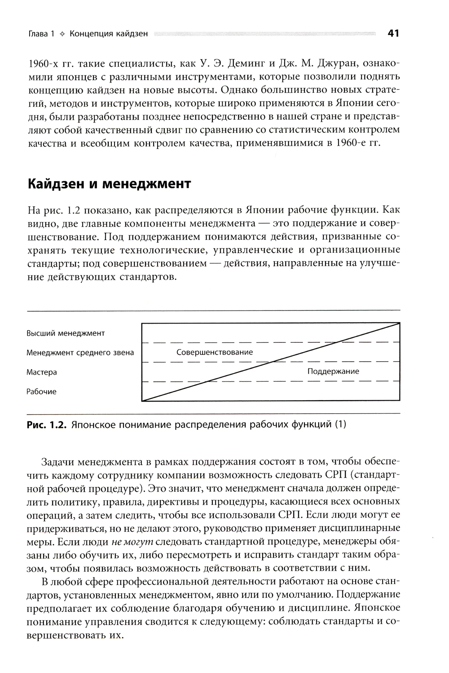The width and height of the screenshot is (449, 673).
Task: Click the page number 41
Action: click(x=393, y=34)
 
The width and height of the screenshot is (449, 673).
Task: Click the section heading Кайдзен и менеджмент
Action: click(x=110, y=184)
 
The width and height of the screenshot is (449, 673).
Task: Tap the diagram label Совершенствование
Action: click(x=215, y=352)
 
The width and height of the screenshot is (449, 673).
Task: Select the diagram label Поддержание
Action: click(x=333, y=371)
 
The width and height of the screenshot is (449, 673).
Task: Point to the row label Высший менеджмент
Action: click(x=66, y=333)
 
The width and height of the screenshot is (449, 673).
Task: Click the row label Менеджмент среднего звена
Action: click(x=80, y=353)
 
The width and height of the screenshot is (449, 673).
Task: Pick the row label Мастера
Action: click(x=42, y=372)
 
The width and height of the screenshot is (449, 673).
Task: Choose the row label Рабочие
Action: click(x=41, y=392)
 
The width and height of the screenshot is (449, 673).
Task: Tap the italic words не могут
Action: click(x=132, y=541)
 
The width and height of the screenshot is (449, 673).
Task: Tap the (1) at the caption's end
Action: click(x=341, y=424)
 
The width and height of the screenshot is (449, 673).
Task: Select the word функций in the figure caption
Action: click(x=312, y=424)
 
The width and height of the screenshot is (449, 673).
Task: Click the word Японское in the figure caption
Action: click(x=94, y=424)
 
